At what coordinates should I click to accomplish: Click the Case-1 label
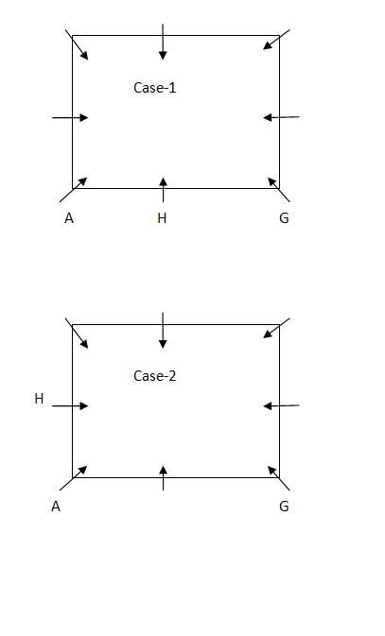click(x=155, y=88)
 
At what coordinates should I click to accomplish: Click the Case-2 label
click(x=155, y=376)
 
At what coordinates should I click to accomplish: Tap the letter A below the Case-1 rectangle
click(x=69, y=218)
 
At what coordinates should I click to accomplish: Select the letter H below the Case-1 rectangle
click(x=162, y=218)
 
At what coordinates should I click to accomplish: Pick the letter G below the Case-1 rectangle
click(x=284, y=218)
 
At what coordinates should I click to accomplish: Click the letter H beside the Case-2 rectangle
click(x=39, y=399)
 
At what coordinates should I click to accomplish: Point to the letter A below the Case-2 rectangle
click(x=56, y=507)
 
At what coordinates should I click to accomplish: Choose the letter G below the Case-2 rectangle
click(x=284, y=507)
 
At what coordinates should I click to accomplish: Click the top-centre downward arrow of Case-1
click(x=163, y=42)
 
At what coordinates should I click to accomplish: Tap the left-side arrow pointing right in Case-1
click(x=70, y=117)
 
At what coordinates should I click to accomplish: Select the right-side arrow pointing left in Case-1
click(x=281, y=117)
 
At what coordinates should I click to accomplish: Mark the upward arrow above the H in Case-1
click(x=163, y=189)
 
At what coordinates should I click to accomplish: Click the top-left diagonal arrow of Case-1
click(x=77, y=44)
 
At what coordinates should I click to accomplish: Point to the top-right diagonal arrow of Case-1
click(x=276, y=40)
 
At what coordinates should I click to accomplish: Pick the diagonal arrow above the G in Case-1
click(x=279, y=189)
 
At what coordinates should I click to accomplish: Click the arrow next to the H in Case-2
click(x=70, y=405)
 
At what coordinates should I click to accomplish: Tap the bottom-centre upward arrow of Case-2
click(x=163, y=478)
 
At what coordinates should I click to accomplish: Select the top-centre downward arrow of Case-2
click(x=163, y=330)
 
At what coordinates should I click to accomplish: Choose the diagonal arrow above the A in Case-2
click(x=74, y=478)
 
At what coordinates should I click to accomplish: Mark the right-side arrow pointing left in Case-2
click(x=281, y=405)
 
